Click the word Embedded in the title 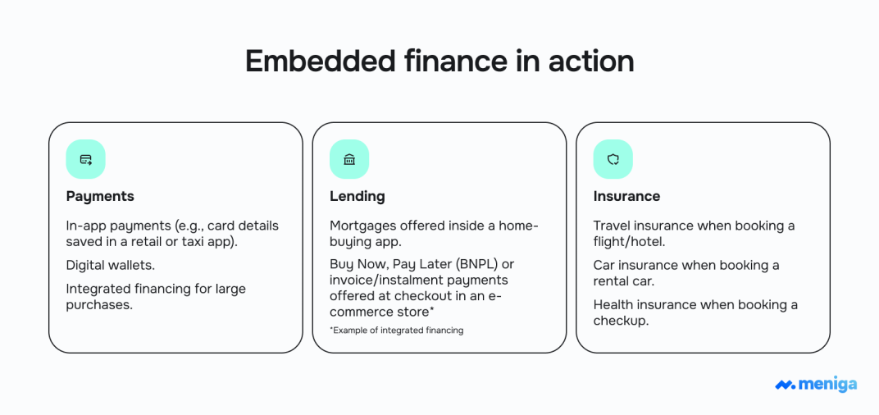click(321, 61)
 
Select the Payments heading click(100, 196)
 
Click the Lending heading click(358, 196)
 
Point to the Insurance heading click(626, 196)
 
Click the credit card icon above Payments click(86, 159)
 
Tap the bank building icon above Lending click(349, 159)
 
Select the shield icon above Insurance click(613, 159)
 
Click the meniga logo click(816, 385)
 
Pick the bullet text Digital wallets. click(111, 265)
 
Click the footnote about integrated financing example click(396, 331)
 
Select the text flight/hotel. click(629, 242)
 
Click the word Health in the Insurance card click(612, 305)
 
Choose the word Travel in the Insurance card click(610, 226)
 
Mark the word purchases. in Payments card click(99, 306)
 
